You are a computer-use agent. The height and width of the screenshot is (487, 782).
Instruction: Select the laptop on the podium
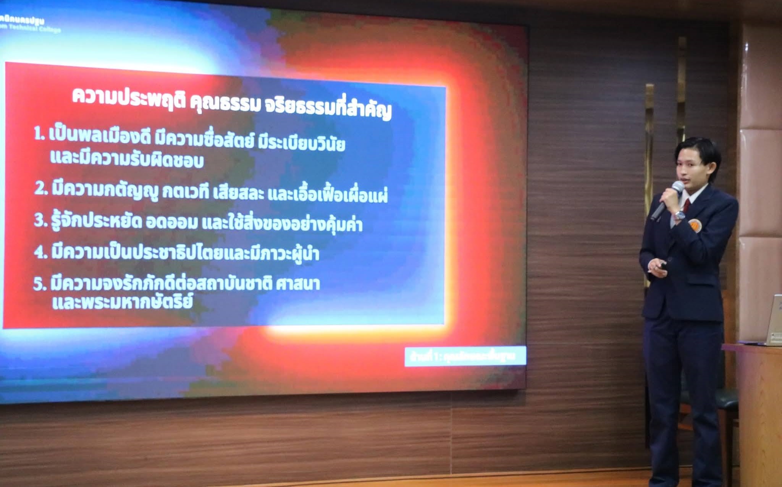(x=774, y=321)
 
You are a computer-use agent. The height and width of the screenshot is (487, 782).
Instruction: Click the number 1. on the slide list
(x=39, y=134)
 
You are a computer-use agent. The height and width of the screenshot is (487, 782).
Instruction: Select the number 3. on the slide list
(x=40, y=220)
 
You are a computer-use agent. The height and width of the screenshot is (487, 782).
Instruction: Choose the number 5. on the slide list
(x=39, y=284)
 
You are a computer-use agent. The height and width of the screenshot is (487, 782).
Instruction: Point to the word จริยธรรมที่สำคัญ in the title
(x=327, y=108)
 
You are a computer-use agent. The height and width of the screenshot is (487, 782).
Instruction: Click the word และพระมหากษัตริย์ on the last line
(x=122, y=302)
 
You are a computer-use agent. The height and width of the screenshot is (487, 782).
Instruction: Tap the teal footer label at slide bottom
(x=465, y=356)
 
